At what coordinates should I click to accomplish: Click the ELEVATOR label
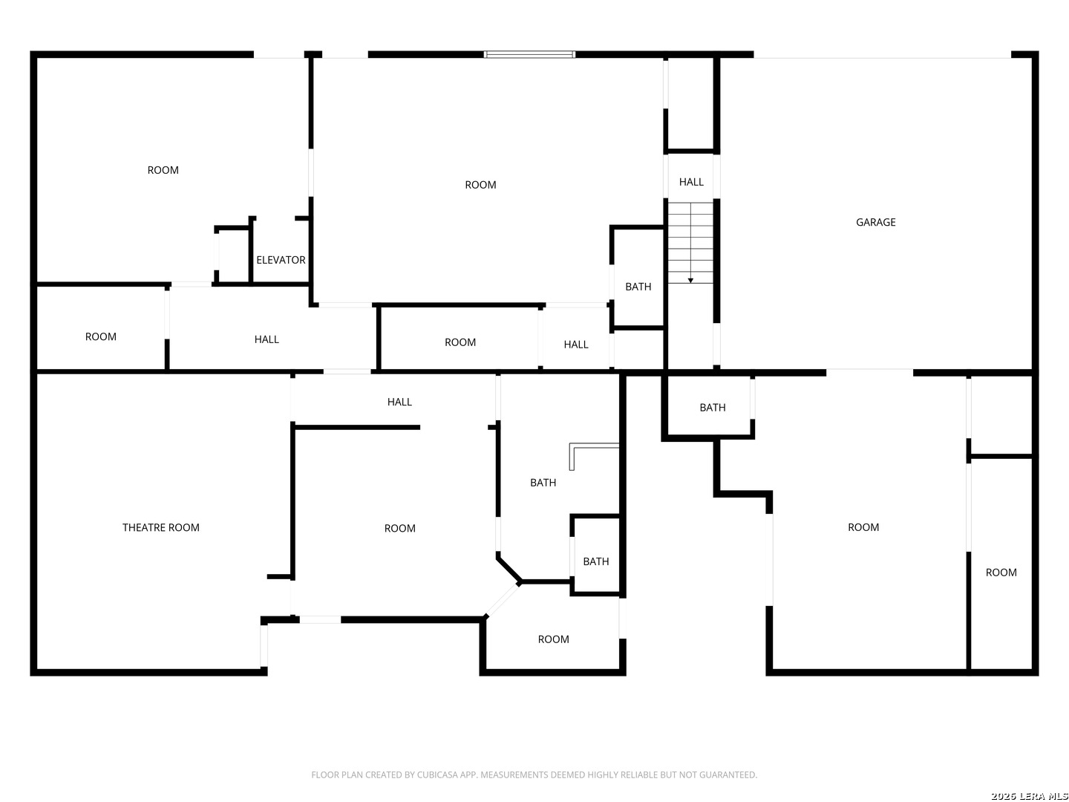(281, 260)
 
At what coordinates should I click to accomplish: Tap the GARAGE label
(875, 222)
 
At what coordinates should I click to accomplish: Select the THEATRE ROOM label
(160, 527)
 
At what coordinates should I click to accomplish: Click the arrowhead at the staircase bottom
(690, 281)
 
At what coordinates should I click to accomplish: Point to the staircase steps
(690, 243)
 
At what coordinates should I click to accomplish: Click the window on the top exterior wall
(529, 54)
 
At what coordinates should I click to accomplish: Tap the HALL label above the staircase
(691, 182)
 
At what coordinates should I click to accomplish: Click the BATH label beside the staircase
(638, 287)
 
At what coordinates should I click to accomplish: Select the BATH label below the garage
(713, 407)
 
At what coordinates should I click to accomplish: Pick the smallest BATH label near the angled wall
(595, 561)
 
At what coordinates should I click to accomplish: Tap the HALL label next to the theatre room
(399, 402)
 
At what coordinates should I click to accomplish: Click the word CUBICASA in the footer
(435, 775)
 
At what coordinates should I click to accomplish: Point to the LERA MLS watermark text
(1029, 795)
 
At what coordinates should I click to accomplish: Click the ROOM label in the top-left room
(163, 170)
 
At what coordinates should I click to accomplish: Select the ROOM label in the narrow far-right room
(1001, 572)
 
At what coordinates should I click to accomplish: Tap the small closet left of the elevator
(233, 255)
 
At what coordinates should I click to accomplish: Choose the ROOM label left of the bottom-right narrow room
(863, 527)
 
